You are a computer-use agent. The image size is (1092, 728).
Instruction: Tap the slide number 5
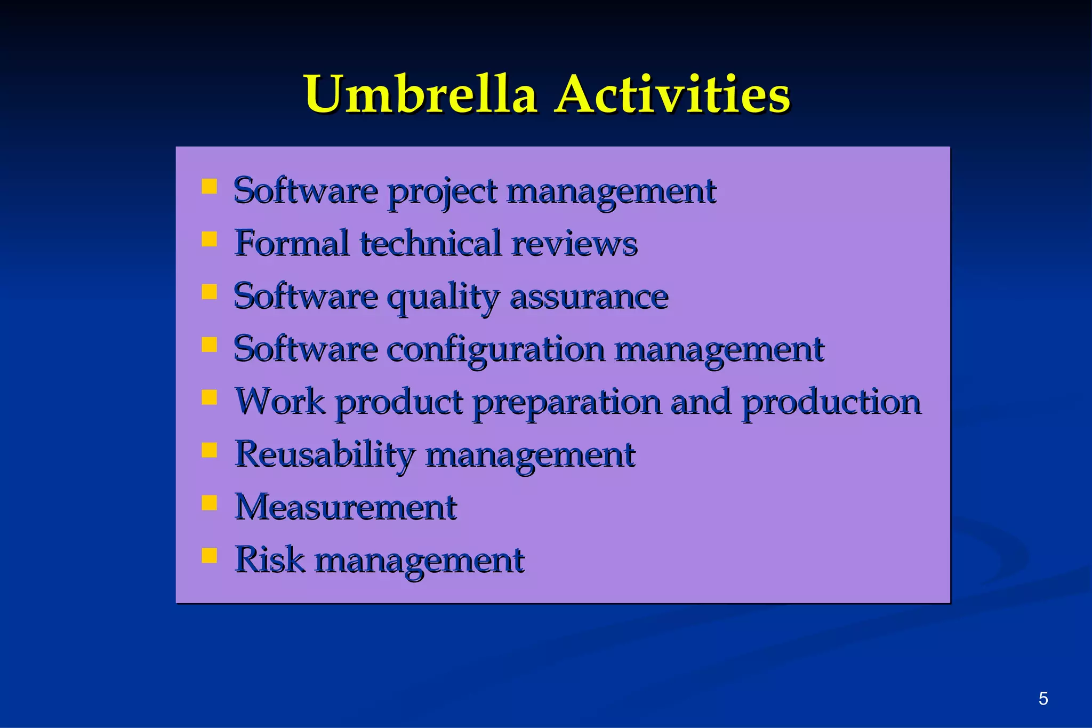click(x=1043, y=698)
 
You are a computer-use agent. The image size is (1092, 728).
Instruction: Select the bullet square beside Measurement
click(x=210, y=503)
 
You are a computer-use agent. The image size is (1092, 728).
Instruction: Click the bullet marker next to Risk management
click(x=210, y=556)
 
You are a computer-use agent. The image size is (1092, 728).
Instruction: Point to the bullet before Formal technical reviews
click(x=210, y=239)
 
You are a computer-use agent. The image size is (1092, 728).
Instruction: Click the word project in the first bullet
click(x=442, y=192)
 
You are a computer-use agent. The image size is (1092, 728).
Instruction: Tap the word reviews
click(x=574, y=244)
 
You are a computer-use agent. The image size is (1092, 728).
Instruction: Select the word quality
click(x=443, y=297)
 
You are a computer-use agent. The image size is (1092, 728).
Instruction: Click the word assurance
click(x=589, y=297)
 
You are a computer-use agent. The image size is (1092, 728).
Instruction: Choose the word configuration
click(x=495, y=350)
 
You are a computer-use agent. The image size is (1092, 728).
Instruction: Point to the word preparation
click(x=567, y=403)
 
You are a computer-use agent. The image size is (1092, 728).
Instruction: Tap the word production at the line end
click(x=831, y=403)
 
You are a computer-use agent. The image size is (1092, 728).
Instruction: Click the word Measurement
click(x=346, y=507)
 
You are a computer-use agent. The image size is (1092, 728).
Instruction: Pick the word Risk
click(x=270, y=559)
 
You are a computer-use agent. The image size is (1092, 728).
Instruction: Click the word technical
click(x=431, y=243)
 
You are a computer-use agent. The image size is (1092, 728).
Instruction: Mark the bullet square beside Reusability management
click(x=210, y=450)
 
